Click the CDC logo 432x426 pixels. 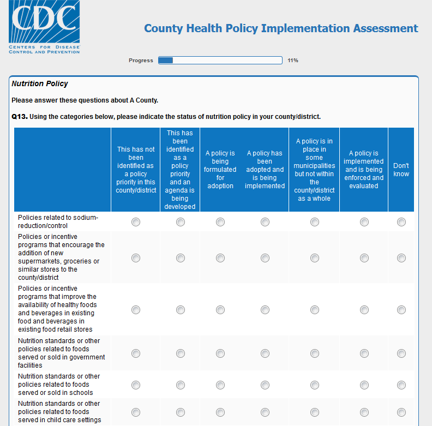(44, 27)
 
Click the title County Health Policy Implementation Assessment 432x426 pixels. (281, 28)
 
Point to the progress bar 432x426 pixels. (220, 61)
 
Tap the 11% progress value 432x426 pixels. (293, 61)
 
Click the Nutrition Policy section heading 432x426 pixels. (40, 84)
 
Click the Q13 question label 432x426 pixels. (20, 117)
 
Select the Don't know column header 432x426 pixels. (401, 170)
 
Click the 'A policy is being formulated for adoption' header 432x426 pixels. (220, 170)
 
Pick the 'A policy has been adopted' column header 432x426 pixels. (265, 170)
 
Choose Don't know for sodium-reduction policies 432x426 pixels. (401, 222)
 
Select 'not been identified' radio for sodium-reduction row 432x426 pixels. (136, 222)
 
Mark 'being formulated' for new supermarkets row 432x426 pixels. (220, 258)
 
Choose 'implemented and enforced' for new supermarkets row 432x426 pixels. (364, 258)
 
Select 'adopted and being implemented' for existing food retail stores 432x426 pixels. (265, 310)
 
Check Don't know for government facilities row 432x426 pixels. (401, 353)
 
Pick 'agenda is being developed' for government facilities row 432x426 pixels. (181, 353)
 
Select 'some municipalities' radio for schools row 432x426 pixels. (315, 385)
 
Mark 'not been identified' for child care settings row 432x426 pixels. (136, 412)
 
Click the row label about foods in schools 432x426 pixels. (59, 385)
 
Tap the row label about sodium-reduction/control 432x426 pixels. (58, 221)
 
